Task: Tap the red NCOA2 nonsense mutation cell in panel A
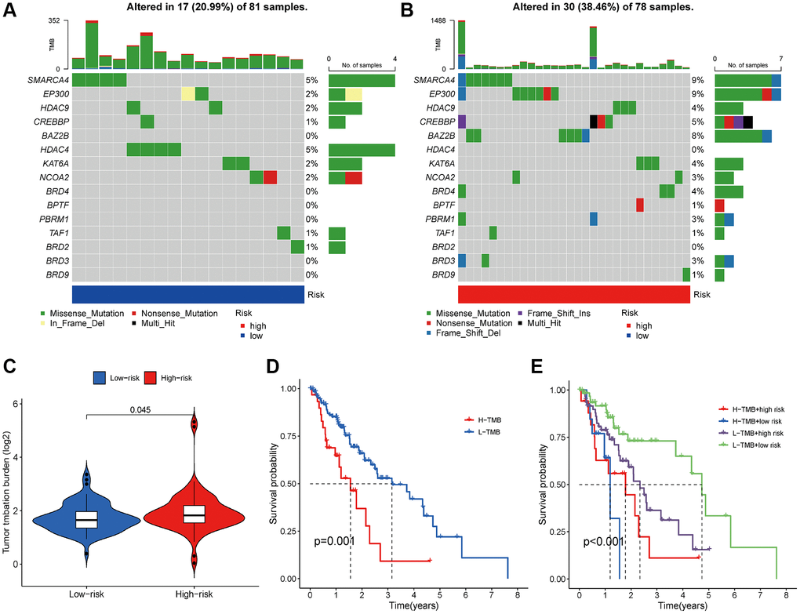270,177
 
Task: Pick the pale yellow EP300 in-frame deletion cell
188,94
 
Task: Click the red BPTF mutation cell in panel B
640,205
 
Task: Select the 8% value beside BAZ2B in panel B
698,136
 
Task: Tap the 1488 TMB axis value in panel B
444,20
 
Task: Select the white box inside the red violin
193,514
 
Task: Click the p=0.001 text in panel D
335,541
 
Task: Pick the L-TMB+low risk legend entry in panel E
749,445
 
